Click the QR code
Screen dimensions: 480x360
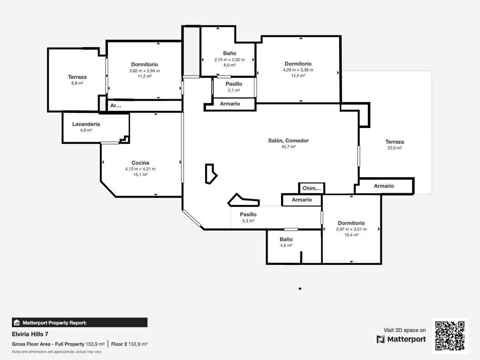pyautogui.click(x=450, y=336)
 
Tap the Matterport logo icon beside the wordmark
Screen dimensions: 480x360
pyautogui.click(x=380, y=339)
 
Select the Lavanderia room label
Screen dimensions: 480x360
pyautogui.click(x=86, y=124)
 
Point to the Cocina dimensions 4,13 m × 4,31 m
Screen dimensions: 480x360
pyautogui.click(x=140, y=169)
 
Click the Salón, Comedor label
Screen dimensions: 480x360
pyautogui.click(x=288, y=140)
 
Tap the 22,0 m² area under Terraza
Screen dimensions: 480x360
pyautogui.click(x=394, y=148)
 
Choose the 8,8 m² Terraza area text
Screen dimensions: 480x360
pyautogui.click(x=77, y=83)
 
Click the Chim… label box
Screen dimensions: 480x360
pyautogui.click(x=312, y=188)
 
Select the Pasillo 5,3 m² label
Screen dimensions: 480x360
pyautogui.click(x=248, y=218)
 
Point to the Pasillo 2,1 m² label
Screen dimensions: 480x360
pyautogui.click(x=234, y=87)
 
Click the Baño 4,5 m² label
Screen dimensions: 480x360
pyautogui.click(x=286, y=242)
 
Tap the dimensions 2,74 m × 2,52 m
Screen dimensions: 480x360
pyautogui.click(x=230, y=60)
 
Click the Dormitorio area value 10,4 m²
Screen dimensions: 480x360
pyautogui.click(x=352, y=235)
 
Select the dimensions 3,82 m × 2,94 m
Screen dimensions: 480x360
pyautogui.click(x=144, y=71)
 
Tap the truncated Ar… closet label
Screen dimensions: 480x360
pyautogui.click(x=116, y=106)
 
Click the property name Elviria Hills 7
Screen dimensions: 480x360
pyautogui.click(x=30, y=334)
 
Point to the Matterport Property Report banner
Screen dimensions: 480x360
pyautogui.click(x=80, y=322)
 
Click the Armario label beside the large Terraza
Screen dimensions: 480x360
pyautogui.click(x=384, y=186)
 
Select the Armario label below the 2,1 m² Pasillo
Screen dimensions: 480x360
pyautogui.click(x=230, y=104)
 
